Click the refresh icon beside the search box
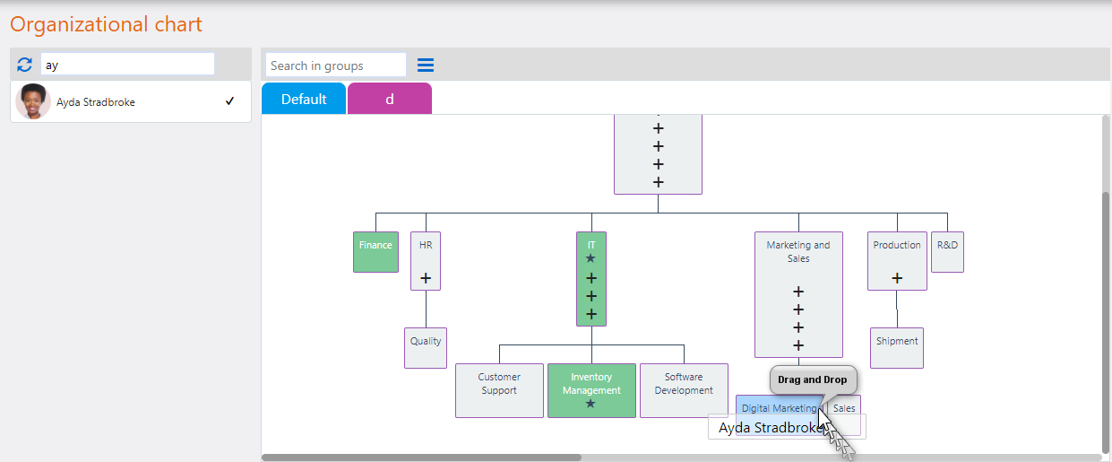pos(25,65)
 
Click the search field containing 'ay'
pos(127,65)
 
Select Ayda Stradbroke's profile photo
pos(33,102)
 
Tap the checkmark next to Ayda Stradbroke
pos(230,101)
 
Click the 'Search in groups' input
pos(336,65)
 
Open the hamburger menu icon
pos(426,65)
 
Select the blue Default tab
pos(304,99)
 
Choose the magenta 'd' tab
pos(390,99)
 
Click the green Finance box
pos(375,251)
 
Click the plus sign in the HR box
pos(426,278)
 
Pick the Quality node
pos(426,347)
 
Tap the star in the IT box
pos(590,258)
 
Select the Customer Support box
pos(499,390)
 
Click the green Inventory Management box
pos(591,390)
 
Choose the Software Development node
pos(684,390)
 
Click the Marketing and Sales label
pos(798,251)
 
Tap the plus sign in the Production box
pos(897,278)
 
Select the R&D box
pos(947,251)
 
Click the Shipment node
pos(897,347)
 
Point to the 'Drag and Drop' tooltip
pos(813,379)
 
